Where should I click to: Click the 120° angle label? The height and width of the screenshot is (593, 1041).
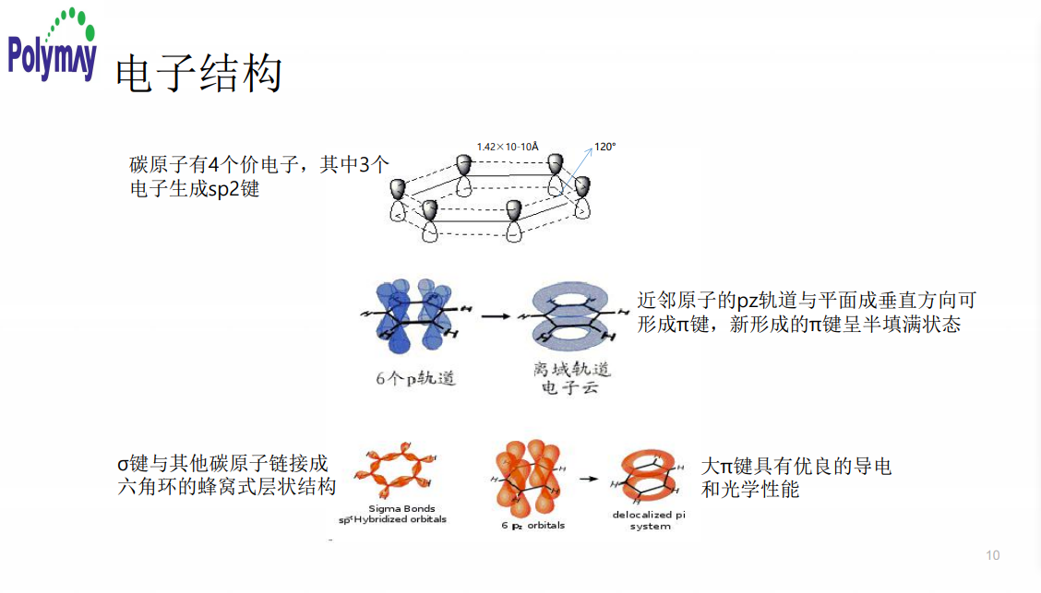(x=604, y=146)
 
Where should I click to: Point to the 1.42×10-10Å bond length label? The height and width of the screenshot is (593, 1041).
(x=508, y=146)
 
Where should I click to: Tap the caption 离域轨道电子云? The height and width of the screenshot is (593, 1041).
(x=571, y=377)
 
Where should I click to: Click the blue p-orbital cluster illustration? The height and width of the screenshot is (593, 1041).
(x=411, y=314)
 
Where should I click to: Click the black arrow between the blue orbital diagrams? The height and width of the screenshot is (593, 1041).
(x=496, y=315)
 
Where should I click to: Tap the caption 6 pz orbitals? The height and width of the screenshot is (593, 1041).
(x=533, y=525)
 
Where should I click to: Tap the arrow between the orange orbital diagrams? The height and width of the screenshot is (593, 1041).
(x=587, y=480)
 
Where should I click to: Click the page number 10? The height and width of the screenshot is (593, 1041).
(x=993, y=555)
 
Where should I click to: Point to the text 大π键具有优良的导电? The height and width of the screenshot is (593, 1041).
(x=796, y=467)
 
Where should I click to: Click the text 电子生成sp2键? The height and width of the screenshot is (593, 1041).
(x=195, y=189)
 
